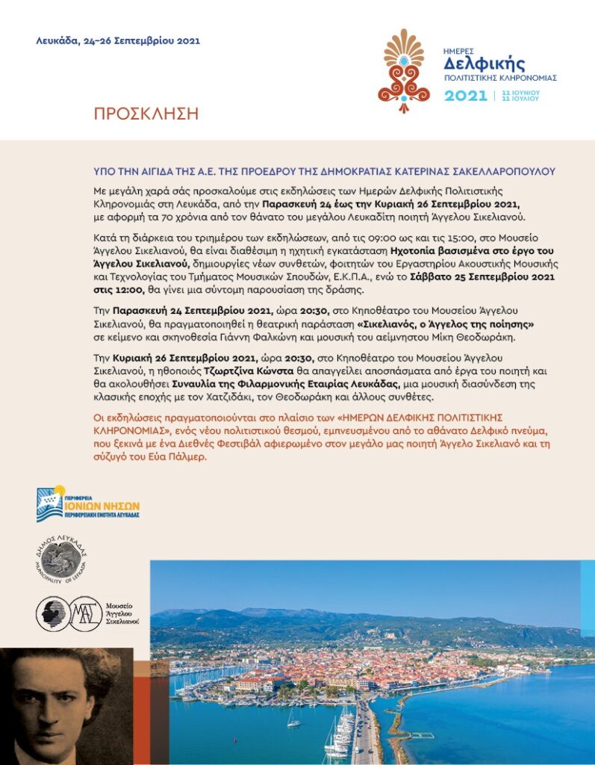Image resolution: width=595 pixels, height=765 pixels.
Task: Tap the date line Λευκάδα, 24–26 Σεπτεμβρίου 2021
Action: coord(118,41)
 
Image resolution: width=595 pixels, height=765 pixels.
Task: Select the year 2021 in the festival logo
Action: coord(464,96)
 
